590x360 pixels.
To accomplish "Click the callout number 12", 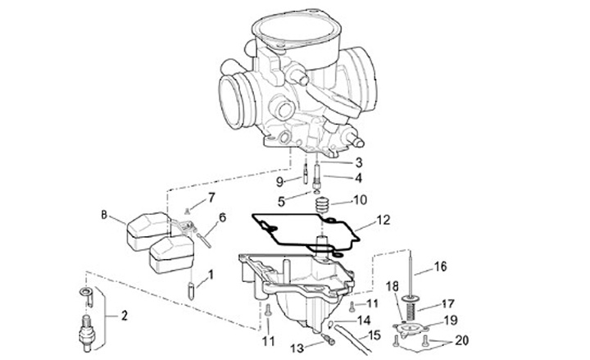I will click(x=383, y=220).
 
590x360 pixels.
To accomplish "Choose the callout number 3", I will click(x=358, y=162).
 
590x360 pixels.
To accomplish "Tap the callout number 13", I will click(x=297, y=348).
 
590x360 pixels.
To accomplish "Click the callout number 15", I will click(x=374, y=335).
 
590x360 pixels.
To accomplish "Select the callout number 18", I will click(x=391, y=285).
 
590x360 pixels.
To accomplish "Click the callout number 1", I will click(x=211, y=276).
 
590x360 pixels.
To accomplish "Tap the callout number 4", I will click(x=358, y=176).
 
